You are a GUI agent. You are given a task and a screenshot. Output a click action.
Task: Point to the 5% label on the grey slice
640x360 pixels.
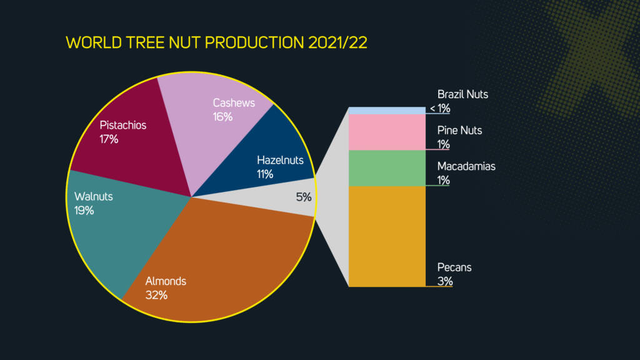point(304,197)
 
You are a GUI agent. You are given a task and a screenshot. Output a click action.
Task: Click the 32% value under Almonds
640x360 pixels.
point(156,295)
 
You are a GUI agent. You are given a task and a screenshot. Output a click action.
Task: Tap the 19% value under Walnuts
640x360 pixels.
point(84,211)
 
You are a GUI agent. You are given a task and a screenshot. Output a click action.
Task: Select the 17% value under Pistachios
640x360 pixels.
point(109,139)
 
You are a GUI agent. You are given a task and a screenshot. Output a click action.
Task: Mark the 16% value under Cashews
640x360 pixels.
point(222,117)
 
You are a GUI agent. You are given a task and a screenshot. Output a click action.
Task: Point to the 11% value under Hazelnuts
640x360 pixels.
point(265,174)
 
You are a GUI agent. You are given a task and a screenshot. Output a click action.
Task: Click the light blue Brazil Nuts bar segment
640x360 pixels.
point(387,111)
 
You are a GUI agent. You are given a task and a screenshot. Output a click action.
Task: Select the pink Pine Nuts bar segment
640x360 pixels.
point(387,132)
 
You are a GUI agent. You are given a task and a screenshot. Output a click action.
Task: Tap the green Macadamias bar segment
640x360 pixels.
point(387,168)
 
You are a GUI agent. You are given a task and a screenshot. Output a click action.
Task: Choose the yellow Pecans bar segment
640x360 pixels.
point(387,236)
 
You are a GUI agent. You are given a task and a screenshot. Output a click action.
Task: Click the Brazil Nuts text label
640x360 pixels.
point(462,95)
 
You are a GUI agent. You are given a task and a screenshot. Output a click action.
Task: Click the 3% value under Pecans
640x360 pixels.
point(445,281)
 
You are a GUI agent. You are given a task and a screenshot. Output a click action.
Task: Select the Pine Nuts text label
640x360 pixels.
point(459,131)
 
